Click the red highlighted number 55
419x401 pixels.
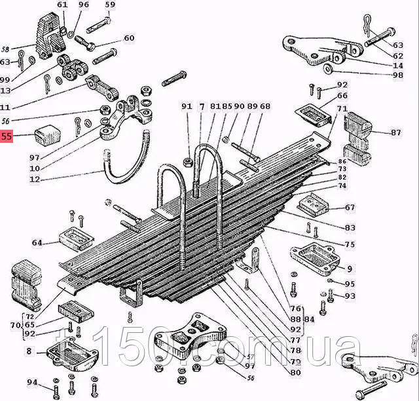pos(7,137)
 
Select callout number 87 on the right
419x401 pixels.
pos(395,132)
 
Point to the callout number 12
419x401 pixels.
pos(35,179)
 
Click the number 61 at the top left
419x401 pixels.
pos(62,5)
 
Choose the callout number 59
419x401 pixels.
pos(110,5)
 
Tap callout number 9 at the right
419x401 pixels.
pos(349,268)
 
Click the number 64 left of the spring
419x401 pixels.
pos(37,243)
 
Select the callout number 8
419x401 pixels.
pos(28,351)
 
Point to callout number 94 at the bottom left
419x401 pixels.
pos(31,382)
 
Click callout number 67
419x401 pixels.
pos(350,208)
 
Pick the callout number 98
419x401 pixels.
pos(398,75)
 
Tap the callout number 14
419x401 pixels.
pos(398,66)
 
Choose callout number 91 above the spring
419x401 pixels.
pos(187,106)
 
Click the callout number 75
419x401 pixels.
pos(350,245)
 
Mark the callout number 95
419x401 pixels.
pos(350,284)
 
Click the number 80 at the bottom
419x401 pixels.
pos(295,372)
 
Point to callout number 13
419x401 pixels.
pos(6,90)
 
